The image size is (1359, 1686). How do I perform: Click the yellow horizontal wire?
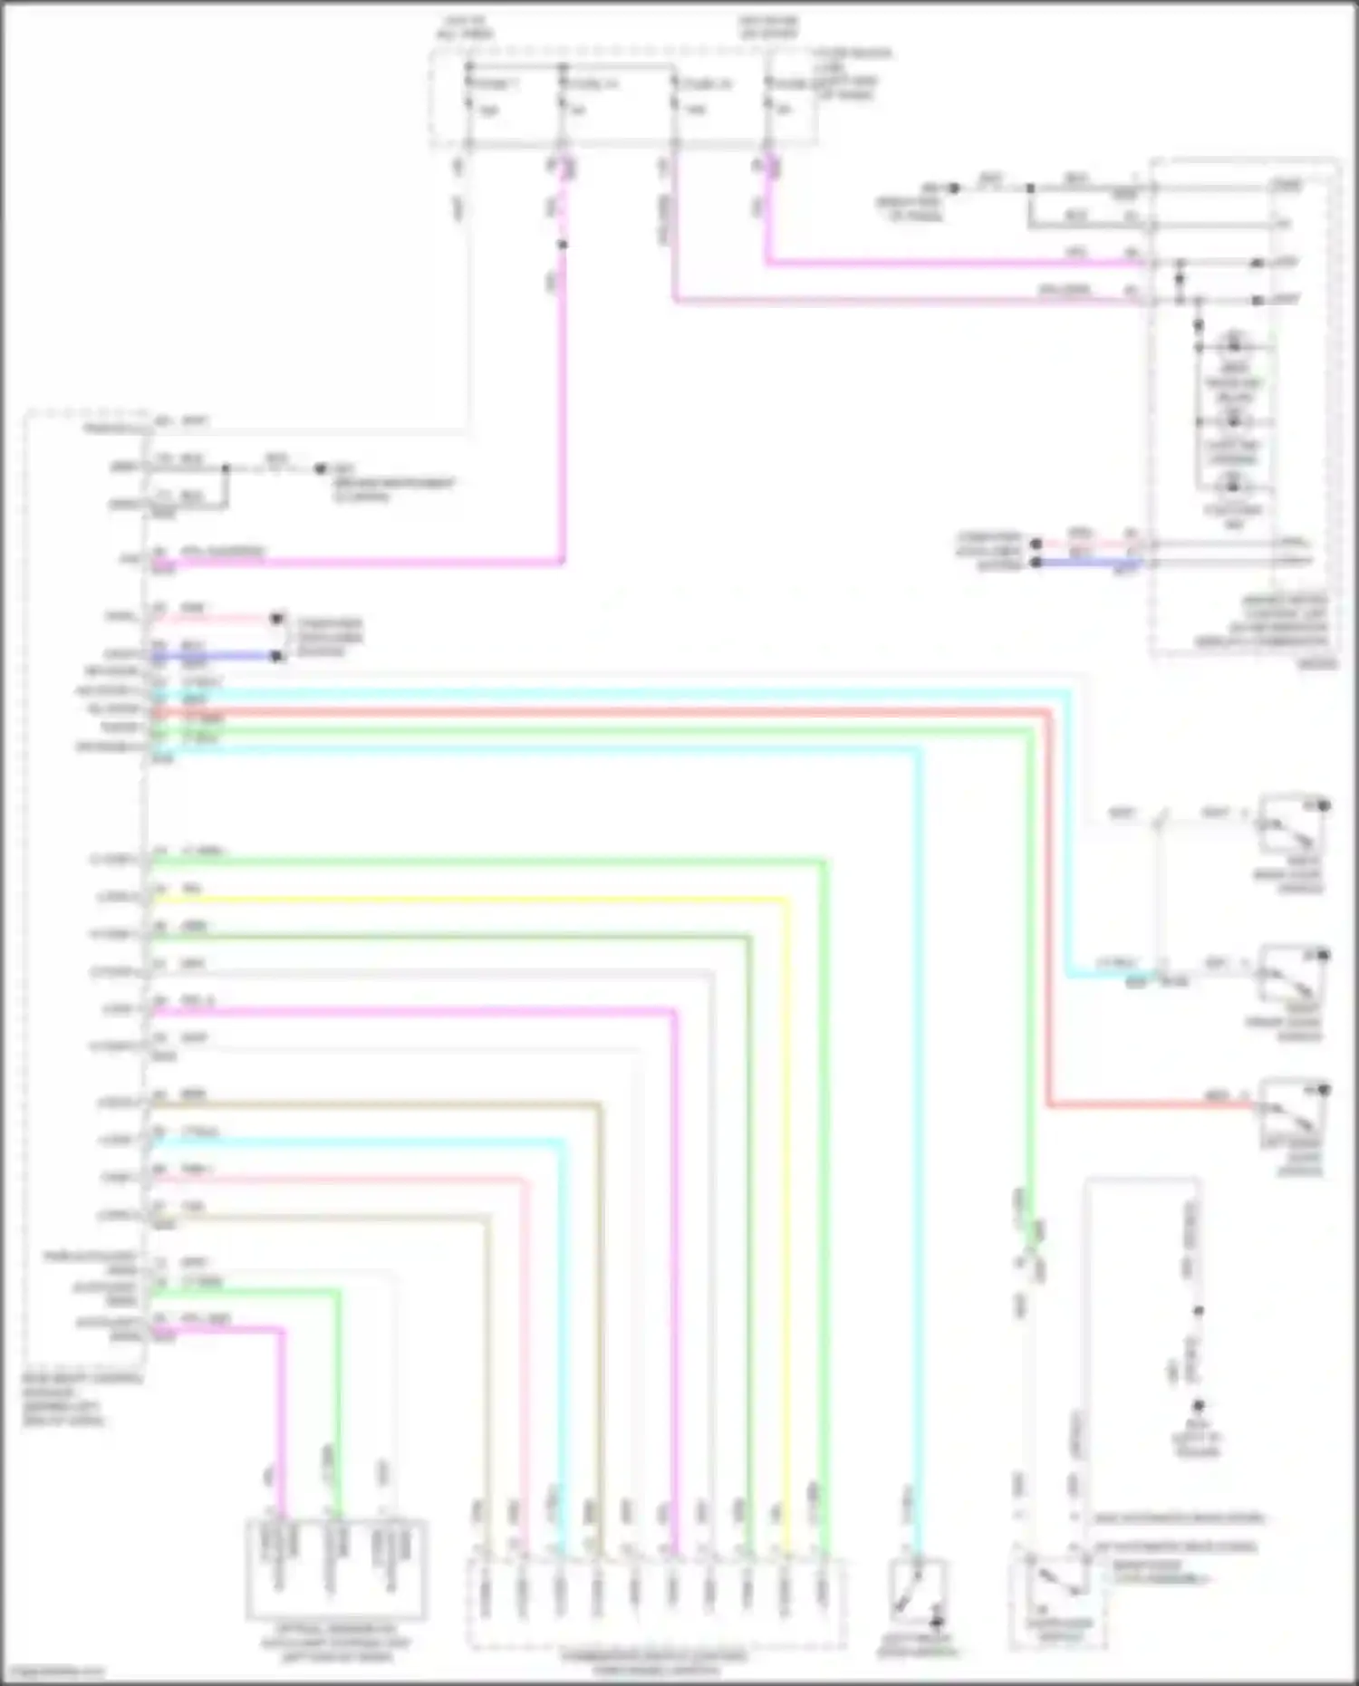coord(471,900)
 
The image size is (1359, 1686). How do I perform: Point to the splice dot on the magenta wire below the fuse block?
coord(563,245)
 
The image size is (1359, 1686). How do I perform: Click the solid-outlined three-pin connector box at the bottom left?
coord(335,1569)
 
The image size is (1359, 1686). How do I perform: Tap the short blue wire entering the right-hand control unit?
coord(1087,563)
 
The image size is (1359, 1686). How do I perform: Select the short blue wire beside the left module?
coord(217,655)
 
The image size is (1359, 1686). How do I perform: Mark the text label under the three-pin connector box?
coord(335,1642)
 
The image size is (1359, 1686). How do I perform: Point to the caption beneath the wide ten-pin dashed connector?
coord(655,1660)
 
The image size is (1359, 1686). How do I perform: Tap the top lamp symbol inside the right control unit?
coord(1233,344)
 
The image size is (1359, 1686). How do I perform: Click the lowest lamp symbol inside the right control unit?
coord(1233,482)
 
